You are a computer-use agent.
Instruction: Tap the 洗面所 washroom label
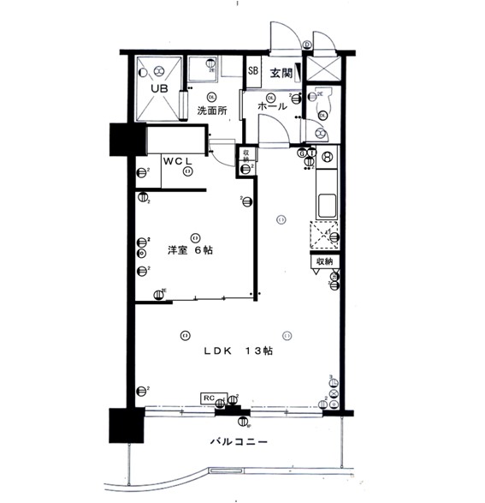211,111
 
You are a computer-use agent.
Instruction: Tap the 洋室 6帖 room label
190,250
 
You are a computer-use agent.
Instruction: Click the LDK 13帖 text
238,350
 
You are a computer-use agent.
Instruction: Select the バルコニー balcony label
239,443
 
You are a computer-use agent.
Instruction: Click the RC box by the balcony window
210,398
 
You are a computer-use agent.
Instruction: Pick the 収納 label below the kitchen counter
324,261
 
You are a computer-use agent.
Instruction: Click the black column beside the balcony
123,427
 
